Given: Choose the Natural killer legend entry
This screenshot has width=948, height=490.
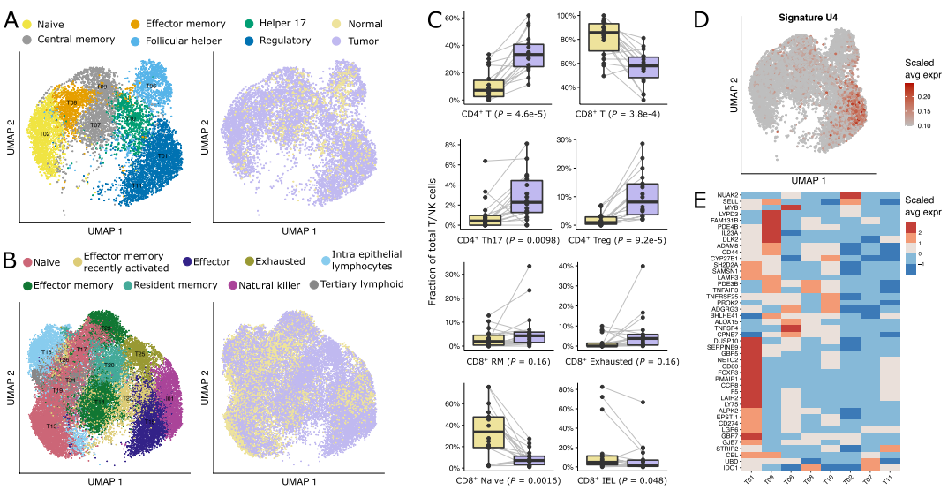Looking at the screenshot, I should pyautogui.click(x=270, y=285).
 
